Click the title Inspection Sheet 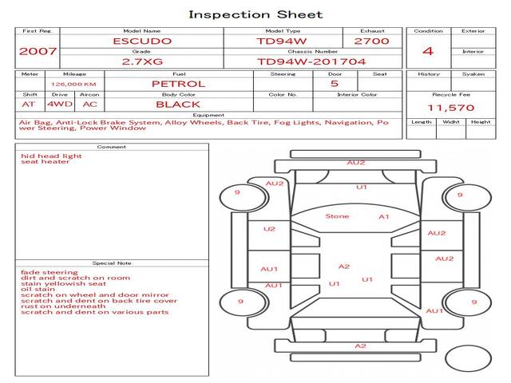point(255,14)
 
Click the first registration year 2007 point(38,51)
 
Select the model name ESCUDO point(142,41)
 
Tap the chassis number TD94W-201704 point(311,61)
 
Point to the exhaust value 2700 point(371,41)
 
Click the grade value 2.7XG point(142,61)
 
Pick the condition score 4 point(428,51)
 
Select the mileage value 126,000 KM point(73,85)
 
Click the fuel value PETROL point(179,84)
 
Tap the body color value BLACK point(178,105)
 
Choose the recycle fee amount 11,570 point(451,108)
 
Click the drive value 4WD point(60,105)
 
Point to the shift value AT point(29,105)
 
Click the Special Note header point(112,263)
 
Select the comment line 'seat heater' point(46,161)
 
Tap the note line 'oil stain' point(38,289)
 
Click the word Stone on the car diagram point(337,216)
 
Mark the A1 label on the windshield point(384,216)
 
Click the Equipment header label point(208,115)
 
